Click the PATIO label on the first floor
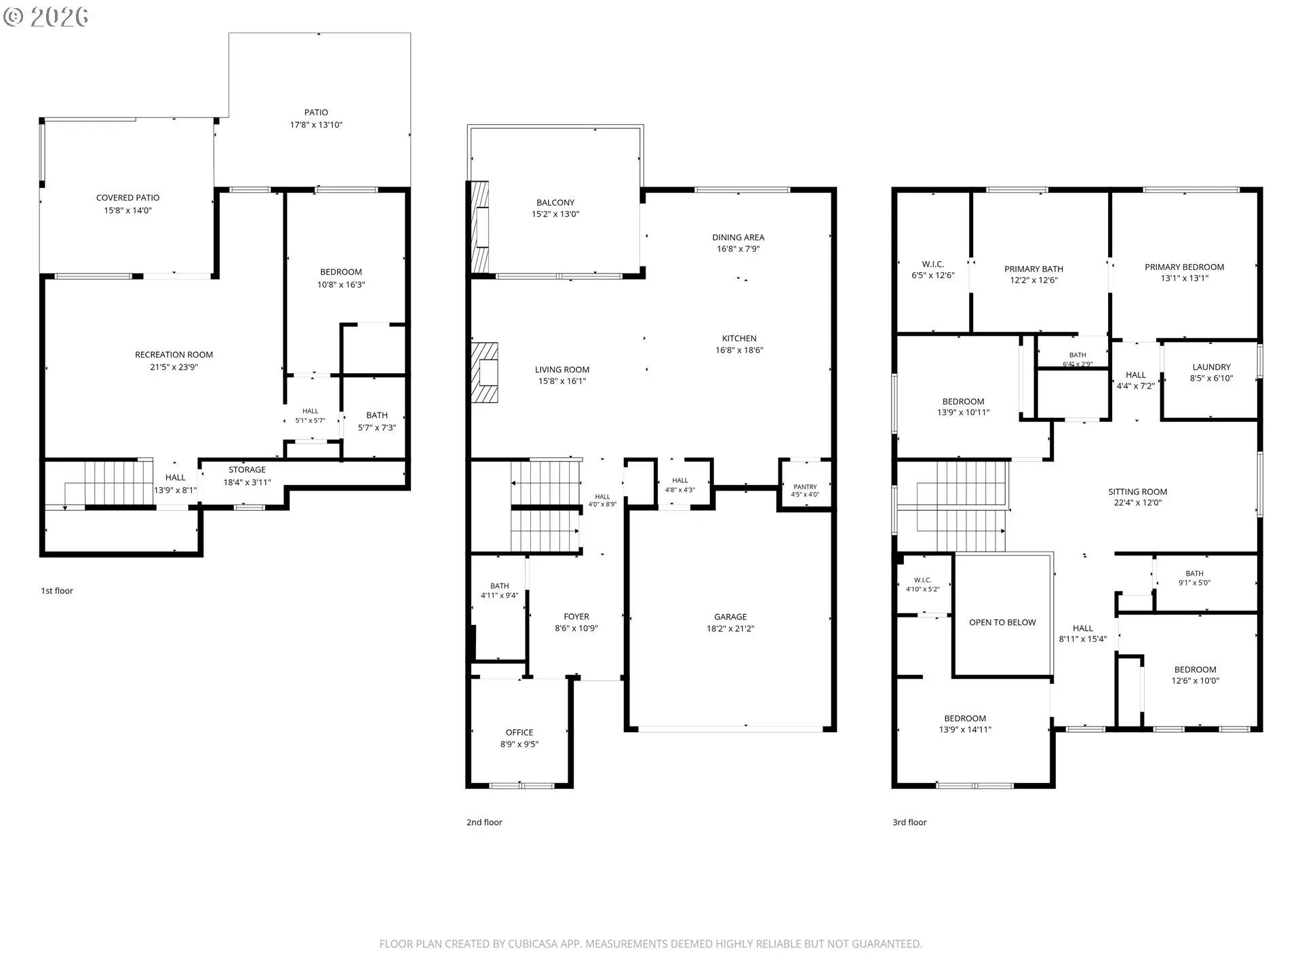(x=316, y=113)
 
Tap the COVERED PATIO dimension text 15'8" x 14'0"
(x=127, y=210)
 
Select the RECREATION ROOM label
(x=174, y=355)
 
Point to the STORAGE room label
(x=247, y=470)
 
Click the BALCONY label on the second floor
(x=555, y=203)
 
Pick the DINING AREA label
(x=738, y=237)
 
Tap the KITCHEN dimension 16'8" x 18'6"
(x=739, y=350)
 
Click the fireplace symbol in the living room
(x=485, y=373)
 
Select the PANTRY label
(x=805, y=487)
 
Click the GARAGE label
(x=730, y=617)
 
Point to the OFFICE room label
(x=519, y=733)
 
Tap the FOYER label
(x=576, y=617)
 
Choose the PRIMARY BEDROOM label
(x=1184, y=267)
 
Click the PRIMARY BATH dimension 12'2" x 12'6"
(x=1033, y=280)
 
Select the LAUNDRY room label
(x=1211, y=367)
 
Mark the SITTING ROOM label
(x=1137, y=492)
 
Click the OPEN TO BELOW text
(x=1002, y=622)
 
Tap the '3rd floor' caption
(x=909, y=822)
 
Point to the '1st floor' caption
(x=57, y=591)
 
